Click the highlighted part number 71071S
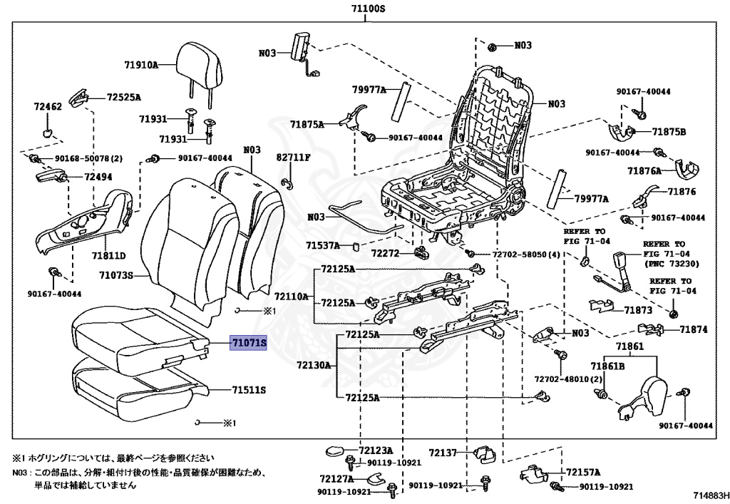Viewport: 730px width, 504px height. [248, 344]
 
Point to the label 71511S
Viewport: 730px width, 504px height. [248, 390]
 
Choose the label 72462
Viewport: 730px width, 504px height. [48, 107]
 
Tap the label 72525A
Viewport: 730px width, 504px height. [124, 97]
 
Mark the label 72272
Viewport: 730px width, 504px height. [386, 252]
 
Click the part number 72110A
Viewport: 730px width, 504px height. [292, 296]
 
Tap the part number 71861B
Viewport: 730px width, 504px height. [612, 366]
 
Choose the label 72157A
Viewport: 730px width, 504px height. [583, 472]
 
